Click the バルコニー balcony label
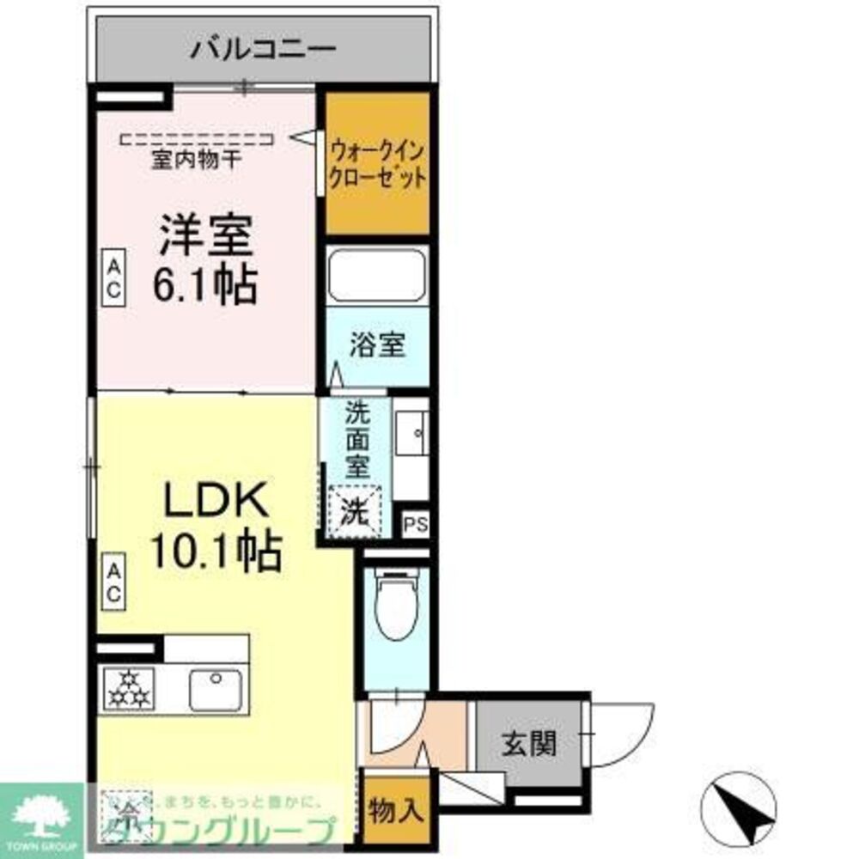click(263, 48)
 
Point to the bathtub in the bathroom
click(377, 275)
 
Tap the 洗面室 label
click(356, 439)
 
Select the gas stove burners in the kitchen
click(128, 688)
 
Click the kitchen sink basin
click(215, 690)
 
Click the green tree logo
click(40, 816)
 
